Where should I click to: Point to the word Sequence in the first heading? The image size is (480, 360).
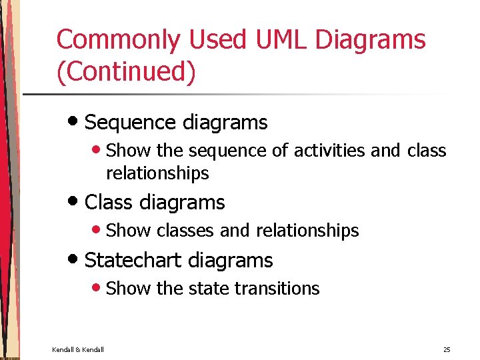[121, 123]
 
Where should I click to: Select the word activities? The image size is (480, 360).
[321, 151]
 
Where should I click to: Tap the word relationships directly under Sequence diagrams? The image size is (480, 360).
[157, 174]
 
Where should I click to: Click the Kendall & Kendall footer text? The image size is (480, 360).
[78, 350]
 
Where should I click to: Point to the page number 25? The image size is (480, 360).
[446, 350]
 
